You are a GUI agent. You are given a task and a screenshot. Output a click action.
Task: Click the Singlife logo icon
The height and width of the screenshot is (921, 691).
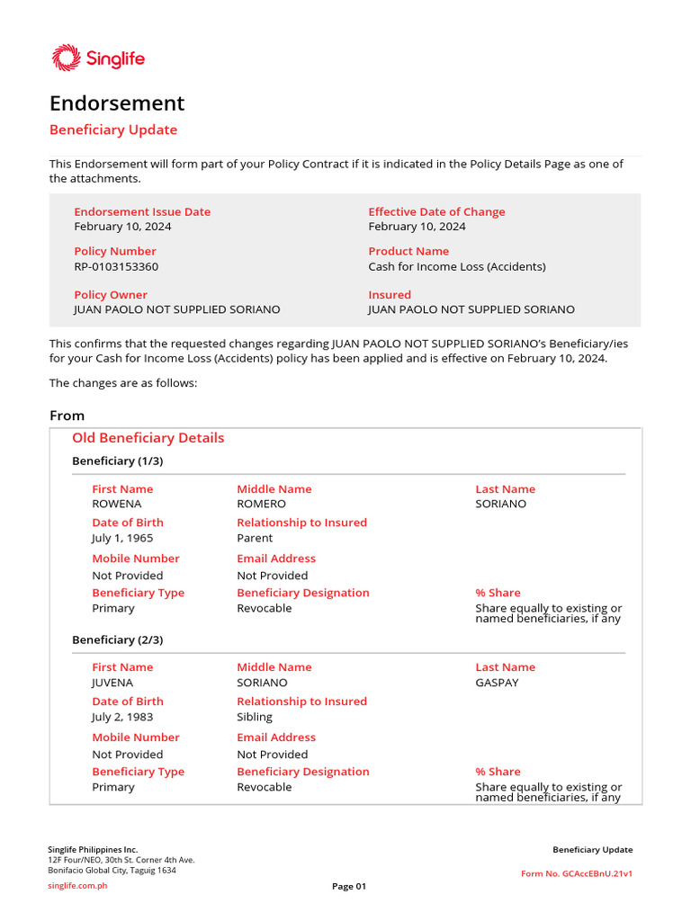[67, 58]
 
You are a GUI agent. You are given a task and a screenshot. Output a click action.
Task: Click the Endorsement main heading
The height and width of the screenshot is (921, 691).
[117, 103]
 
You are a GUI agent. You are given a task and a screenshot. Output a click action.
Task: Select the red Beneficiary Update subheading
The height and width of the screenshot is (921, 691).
[113, 130]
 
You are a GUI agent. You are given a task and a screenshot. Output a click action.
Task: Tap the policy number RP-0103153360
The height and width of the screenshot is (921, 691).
[116, 267]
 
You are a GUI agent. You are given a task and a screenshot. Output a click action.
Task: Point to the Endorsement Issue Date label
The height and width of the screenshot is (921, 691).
[142, 212]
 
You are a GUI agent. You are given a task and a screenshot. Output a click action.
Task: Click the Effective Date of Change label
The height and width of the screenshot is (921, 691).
[436, 212]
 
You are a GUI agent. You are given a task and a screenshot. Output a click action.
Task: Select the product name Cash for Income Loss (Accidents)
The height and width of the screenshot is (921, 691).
[456, 267]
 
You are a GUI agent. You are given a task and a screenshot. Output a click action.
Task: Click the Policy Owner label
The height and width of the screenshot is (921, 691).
[111, 295]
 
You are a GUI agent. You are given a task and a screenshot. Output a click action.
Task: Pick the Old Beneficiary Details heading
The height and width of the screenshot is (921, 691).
[148, 438]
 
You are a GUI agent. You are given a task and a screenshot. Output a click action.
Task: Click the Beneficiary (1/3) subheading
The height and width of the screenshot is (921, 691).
[118, 461]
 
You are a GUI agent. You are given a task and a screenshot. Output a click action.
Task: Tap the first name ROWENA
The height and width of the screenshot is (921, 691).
[117, 504]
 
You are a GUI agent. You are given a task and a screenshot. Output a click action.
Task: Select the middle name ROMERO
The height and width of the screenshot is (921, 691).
[261, 504]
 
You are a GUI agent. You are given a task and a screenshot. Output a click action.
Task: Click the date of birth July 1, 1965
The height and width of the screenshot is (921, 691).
[122, 538]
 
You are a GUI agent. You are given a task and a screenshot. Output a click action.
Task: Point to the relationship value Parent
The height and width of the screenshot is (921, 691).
[255, 538]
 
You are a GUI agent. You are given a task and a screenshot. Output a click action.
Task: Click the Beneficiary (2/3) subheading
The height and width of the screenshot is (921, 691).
[118, 639]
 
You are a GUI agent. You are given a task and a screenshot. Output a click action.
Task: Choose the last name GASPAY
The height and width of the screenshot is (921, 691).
[497, 683]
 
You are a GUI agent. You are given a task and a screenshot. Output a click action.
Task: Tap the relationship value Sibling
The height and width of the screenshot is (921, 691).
[255, 717]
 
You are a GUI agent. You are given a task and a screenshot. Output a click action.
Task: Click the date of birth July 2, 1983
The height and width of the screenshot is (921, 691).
[122, 717]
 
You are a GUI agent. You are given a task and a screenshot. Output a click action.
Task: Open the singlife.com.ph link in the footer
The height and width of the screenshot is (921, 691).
[77, 886]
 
